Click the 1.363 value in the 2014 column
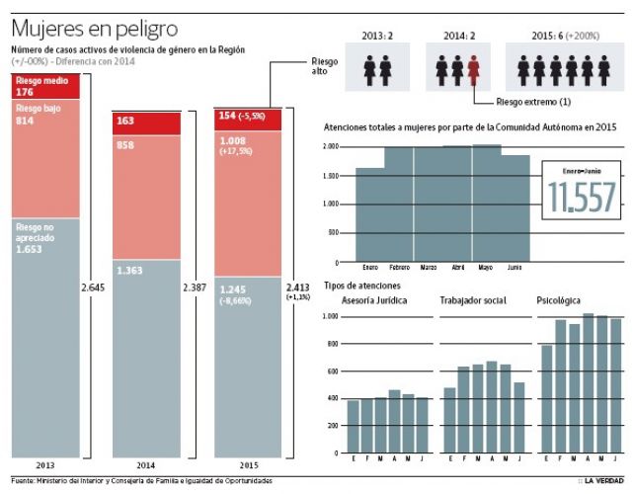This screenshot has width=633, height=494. [129, 270]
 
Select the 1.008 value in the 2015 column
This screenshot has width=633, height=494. [233, 140]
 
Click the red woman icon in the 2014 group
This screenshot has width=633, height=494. [474, 70]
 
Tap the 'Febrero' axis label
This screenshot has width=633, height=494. [399, 268]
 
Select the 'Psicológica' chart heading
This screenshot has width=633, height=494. [559, 299]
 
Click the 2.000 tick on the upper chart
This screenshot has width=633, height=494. [331, 146]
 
